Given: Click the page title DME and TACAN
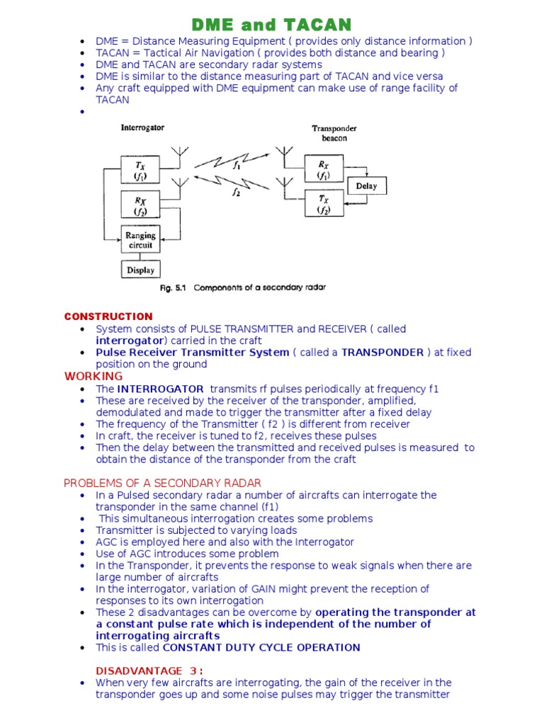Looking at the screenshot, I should click(x=273, y=25).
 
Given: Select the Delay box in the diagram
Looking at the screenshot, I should click(x=366, y=186).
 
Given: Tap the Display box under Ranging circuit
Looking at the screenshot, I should click(x=140, y=270).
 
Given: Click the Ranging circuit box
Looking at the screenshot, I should click(x=140, y=240).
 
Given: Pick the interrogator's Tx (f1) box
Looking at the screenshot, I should click(x=140, y=169).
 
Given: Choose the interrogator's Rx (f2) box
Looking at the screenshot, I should click(x=140, y=205).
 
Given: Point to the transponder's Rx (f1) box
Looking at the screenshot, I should click(x=324, y=169).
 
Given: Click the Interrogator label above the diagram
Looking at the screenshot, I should click(x=142, y=128).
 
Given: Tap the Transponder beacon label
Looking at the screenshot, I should click(x=334, y=133).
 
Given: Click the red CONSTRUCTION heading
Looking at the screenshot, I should click(x=108, y=316).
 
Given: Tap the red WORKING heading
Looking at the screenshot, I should click(x=93, y=376).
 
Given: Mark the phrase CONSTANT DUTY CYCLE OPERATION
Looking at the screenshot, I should click(x=261, y=647).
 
